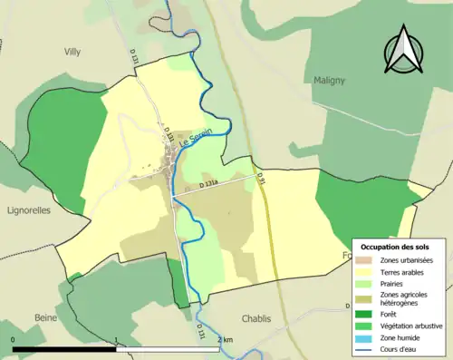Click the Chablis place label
tap(256, 318)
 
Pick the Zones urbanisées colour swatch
tap(368, 261)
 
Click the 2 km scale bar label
tap(226, 339)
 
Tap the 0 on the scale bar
tap(14, 339)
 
